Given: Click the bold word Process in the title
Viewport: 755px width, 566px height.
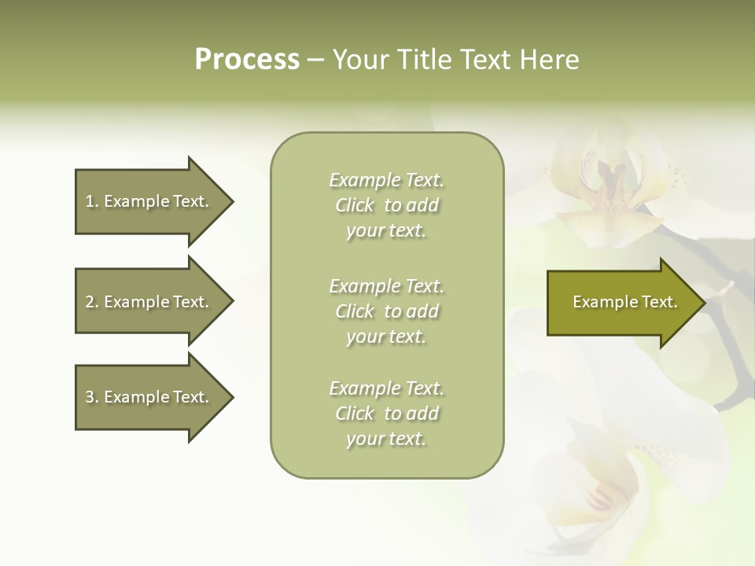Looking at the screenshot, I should [x=247, y=60].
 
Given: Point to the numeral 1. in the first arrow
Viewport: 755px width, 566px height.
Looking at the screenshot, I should [x=91, y=201].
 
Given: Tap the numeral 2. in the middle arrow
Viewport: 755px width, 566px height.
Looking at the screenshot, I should [x=91, y=302].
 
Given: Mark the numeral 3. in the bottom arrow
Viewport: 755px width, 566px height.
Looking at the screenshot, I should [x=91, y=397].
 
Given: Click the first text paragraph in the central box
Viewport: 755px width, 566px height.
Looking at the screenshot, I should [x=386, y=205].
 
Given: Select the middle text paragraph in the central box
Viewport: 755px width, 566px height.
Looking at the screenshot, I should [x=386, y=311].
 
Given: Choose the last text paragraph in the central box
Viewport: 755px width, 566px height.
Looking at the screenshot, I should [x=386, y=413].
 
